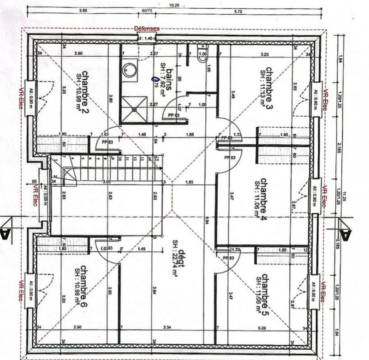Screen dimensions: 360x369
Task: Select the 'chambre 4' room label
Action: (265, 194)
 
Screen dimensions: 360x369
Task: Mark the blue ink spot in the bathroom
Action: (154, 79)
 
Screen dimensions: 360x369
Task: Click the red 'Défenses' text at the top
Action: (146, 29)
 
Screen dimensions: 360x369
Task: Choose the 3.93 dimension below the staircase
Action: (107, 183)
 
